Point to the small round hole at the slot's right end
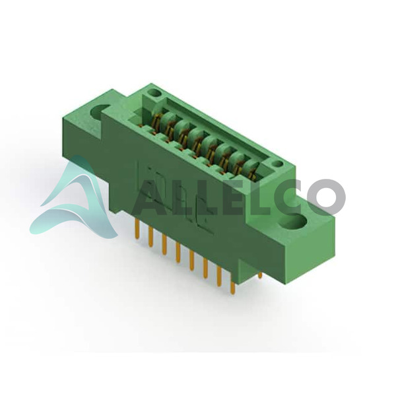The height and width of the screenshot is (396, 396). [x=278, y=164]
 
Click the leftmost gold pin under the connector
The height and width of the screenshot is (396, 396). [x=138, y=228]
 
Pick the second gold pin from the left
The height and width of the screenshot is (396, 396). [x=151, y=236]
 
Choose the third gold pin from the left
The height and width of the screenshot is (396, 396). [x=164, y=244]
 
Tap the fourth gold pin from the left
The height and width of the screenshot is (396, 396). [x=178, y=253]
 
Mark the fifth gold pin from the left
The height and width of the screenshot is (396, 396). [x=191, y=261]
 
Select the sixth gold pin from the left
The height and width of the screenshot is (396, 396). [x=205, y=269]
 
